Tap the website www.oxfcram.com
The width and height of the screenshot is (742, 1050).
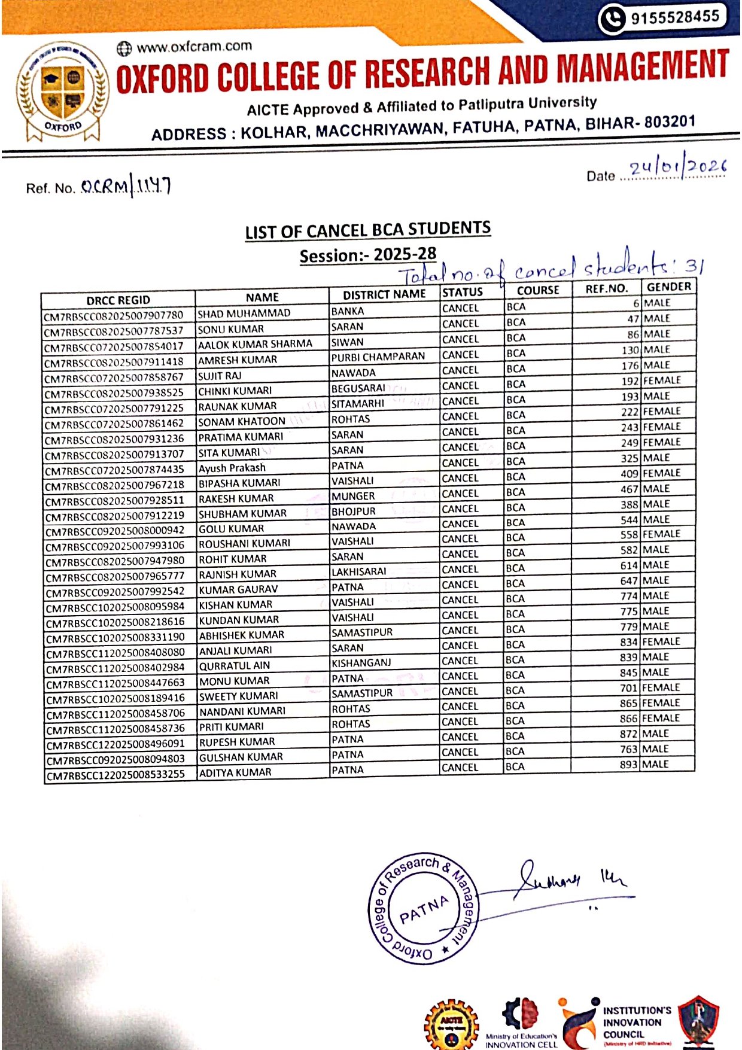click(194, 47)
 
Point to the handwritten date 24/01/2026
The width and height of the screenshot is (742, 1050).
click(677, 167)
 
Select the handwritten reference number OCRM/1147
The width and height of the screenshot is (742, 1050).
click(126, 187)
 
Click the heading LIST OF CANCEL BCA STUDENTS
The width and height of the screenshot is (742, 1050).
click(367, 230)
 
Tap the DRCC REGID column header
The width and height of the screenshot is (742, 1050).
click(118, 300)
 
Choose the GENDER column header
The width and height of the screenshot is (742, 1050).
click(668, 287)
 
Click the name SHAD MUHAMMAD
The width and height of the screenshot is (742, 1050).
click(244, 313)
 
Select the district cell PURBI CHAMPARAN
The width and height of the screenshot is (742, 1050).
click(378, 357)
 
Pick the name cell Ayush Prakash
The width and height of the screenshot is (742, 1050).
click(232, 467)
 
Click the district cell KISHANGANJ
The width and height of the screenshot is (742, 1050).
click(361, 663)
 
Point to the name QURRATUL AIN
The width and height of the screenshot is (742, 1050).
click(235, 665)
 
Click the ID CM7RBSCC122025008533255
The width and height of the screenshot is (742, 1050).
click(115, 774)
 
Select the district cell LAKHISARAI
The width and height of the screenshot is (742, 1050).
click(359, 571)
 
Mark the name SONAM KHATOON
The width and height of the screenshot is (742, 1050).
click(242, 421)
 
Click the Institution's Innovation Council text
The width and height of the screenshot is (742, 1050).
click(636, 1022)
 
